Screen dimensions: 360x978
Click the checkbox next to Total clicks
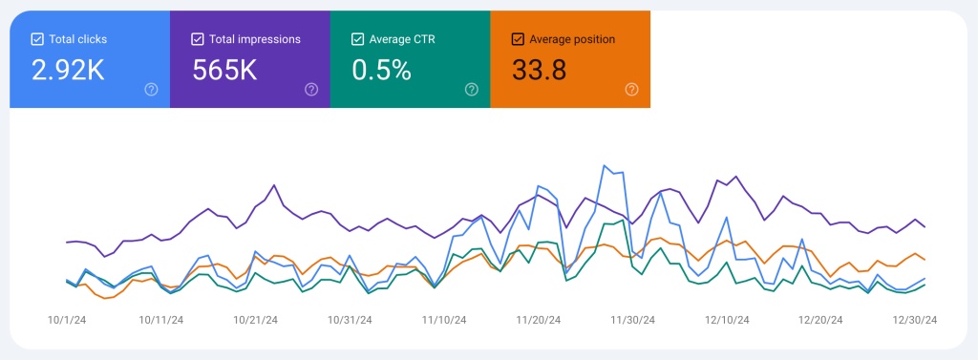(x=37, y=39)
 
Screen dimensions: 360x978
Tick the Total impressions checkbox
(x=197, y=39)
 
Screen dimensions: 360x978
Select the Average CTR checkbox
(x=357, y=39)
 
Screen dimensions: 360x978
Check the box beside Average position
(x=518, y=39)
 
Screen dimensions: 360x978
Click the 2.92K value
(x=69, y=70)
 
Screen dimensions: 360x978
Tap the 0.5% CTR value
(x=381, y=70)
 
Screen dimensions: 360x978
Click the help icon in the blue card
(x=151, y=89)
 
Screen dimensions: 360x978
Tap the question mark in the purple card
(x=311, y=89)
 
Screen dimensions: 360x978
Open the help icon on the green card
(x=471, y=89)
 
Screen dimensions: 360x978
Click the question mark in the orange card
(x=631, y=89)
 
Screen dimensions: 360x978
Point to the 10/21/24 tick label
(x=255, y=320)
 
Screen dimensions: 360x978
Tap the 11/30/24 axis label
(x=633, y=320)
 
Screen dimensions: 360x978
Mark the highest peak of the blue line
(x=605, y=165)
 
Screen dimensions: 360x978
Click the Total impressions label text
(x=255, y=39)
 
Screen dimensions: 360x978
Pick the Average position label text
(x=573, y=39)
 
